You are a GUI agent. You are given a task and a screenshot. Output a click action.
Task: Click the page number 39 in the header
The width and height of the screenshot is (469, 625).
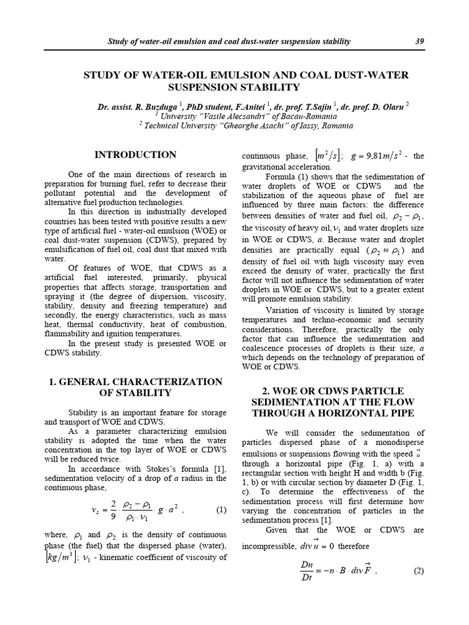[419, 42]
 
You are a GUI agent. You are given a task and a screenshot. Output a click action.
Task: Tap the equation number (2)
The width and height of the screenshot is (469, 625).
[418, 572]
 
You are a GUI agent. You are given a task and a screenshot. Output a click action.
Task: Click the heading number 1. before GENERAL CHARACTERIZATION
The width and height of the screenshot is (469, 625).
[53, 381]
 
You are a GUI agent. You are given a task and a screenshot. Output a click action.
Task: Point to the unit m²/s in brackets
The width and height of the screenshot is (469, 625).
[324, 156]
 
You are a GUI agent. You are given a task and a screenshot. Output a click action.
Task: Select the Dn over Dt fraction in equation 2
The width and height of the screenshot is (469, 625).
[308, 572]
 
